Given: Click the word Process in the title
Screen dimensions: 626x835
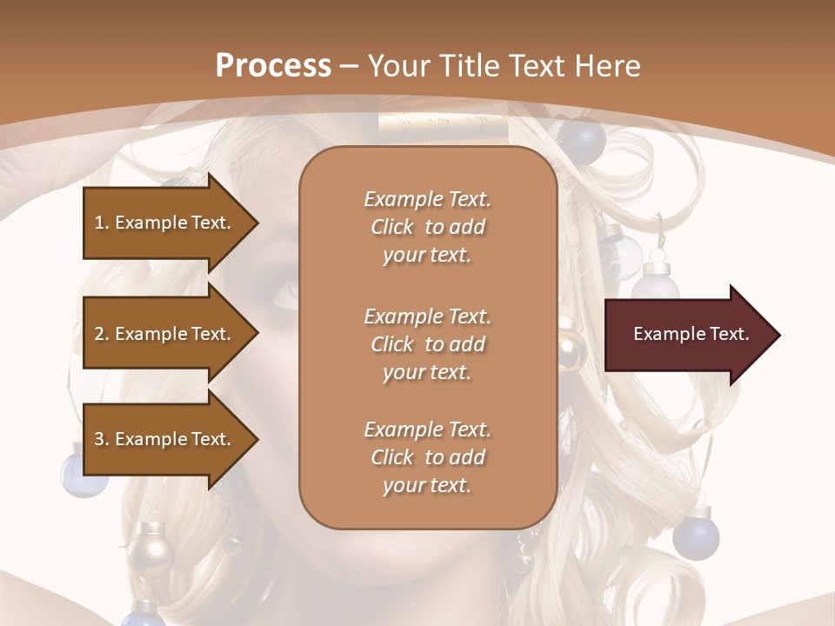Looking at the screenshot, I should pyautogui.click(x=273, y=66).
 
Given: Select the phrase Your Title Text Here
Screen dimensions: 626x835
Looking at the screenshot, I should pyautogui.click(x=504, y=66).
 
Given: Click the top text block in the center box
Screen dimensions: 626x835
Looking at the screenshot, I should pyautogui.click(x=427, y=227).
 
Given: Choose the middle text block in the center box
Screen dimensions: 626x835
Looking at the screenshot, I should pyautogui.click(x=427, y=343).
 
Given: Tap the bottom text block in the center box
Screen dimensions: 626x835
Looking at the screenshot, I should pyautogui.click(x=427, y=457).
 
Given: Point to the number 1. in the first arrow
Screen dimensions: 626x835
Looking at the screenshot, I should pyautogui.click(x=102, y=223).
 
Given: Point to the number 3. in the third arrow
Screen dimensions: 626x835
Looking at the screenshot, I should pyautogui.click(x=102, y=439).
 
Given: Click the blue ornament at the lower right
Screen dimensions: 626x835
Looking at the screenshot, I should pyautogui.click(x=696, y=537).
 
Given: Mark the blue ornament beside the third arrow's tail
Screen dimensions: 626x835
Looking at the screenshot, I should pyautogui.click(x=73, y=469).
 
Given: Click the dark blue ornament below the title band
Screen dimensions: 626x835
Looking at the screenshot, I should pyautogui.click(x=582, y=137).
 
